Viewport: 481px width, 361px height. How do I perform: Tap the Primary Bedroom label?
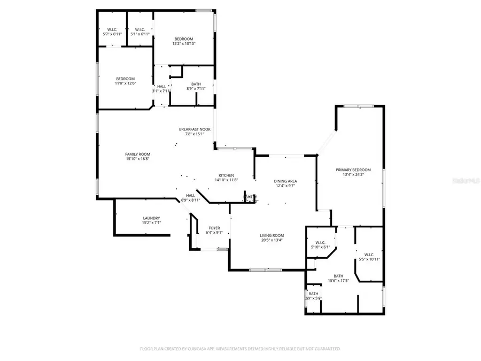(353, 170)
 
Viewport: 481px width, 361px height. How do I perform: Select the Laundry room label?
(152, 218)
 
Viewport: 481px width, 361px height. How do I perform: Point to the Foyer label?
(214, 228)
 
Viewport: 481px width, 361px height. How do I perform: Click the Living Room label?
(271, 235)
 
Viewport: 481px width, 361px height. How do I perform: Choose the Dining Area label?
(286, 181)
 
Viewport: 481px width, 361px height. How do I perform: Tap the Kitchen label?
(226, 175)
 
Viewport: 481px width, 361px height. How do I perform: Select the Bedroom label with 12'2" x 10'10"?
(183, 39)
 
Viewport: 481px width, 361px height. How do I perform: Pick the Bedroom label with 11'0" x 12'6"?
(125, 79)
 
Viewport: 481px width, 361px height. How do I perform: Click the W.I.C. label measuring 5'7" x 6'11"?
(112, 29)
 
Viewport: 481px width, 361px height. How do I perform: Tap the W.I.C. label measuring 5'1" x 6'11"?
(140, 29)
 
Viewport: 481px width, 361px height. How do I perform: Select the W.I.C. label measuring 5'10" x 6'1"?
(321, 243)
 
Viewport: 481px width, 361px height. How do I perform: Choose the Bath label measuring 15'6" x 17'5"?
(338, 276)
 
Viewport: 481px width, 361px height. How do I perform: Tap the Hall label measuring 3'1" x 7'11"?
(161, 87)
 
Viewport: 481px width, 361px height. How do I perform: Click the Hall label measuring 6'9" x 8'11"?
(190, 196)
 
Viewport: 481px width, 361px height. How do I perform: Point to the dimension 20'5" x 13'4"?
(271, 240)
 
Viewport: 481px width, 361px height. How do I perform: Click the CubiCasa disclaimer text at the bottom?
(240, 349)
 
